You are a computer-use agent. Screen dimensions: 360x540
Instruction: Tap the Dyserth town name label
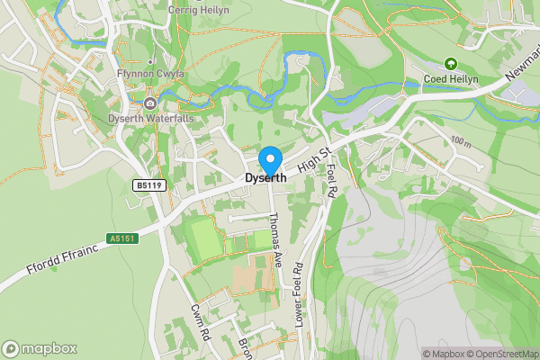(265, 178)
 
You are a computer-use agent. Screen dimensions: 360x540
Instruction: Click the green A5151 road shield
(120, 238)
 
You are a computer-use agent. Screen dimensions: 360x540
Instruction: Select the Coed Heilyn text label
(464, 80)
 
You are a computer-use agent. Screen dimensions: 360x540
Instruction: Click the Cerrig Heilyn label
(198, 9)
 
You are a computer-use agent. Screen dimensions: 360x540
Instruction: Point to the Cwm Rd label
(200, 319)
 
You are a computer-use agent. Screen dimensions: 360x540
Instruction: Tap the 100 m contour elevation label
(462, 143)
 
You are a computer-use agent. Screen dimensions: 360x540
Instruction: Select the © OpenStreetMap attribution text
(500, 354)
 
